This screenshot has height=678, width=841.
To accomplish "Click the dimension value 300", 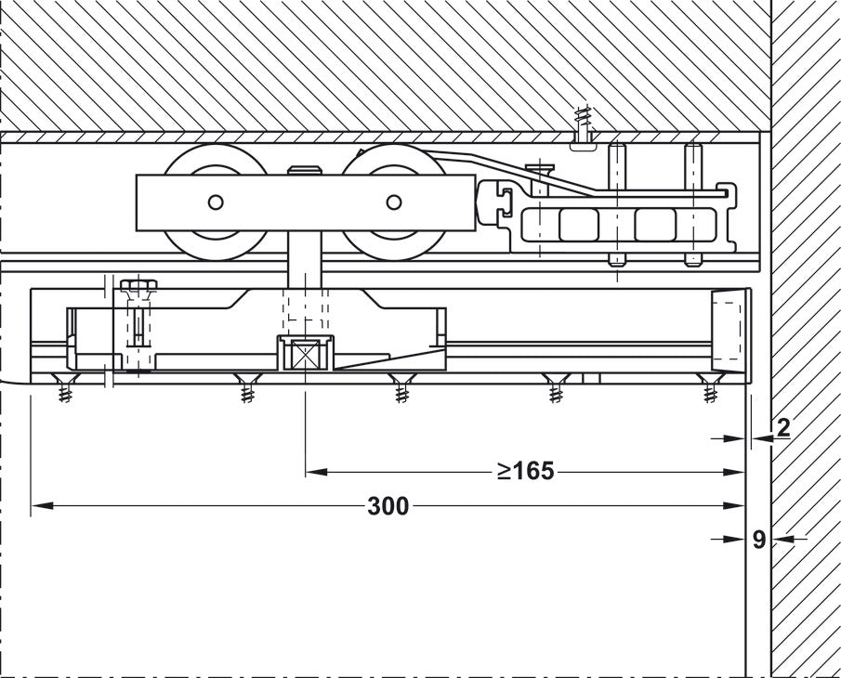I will [x=388, y=506].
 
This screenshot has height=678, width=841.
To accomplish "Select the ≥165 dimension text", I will [x=525, y=472].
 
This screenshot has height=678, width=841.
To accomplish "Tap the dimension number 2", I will [x=782, y=428].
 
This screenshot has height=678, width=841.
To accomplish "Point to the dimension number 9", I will [x=759, y=539].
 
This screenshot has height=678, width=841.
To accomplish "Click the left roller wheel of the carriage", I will [x=216, y=202].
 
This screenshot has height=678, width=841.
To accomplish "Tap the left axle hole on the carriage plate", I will [x=216, y=202].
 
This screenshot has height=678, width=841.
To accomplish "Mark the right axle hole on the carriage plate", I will [x=394, y=202].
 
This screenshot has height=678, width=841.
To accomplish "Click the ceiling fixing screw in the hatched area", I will [x=584, y=128].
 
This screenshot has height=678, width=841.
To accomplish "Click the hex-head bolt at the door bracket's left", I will [x=138, y=285].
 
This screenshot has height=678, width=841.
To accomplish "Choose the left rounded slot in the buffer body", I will [x=579, y=224].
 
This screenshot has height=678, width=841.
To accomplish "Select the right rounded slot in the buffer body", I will [x=655, y=224].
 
